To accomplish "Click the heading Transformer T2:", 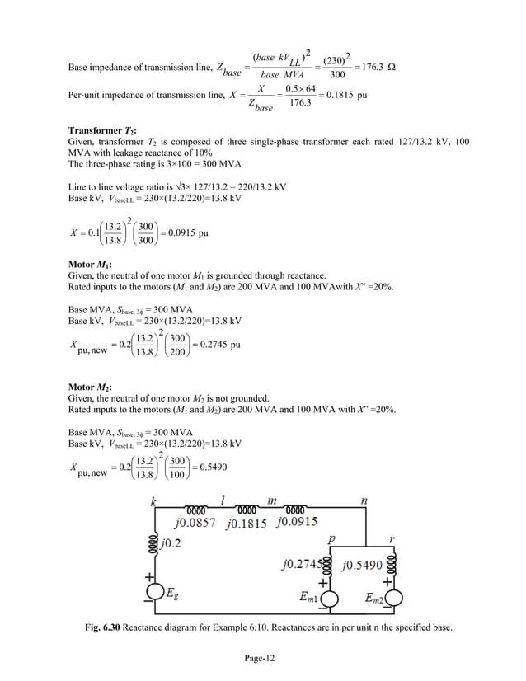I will pyautogui.click(x=102, y=130).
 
